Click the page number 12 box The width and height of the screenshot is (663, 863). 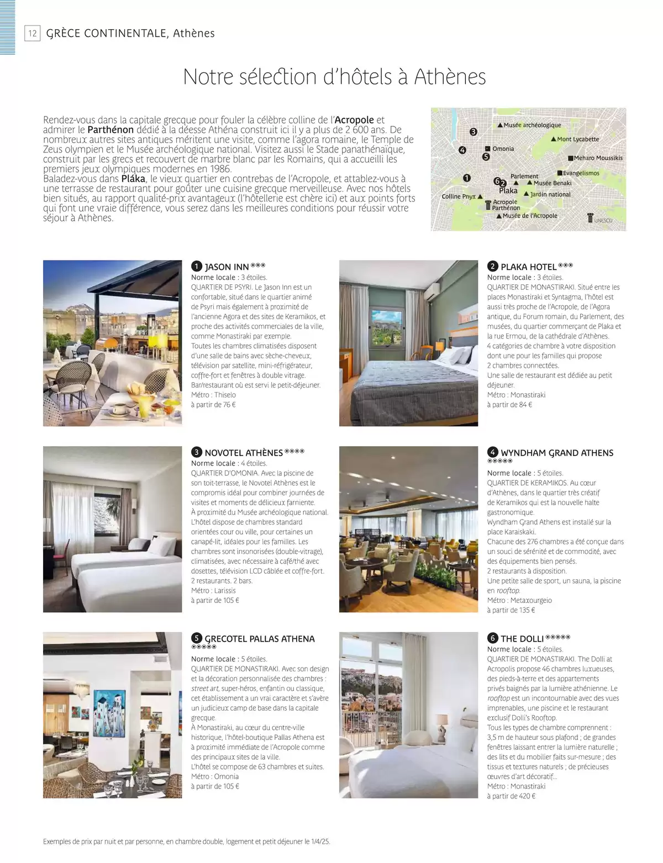pos(33,34)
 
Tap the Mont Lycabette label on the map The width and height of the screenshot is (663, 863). pos(577,139)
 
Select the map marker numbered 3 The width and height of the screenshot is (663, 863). pos(473,132)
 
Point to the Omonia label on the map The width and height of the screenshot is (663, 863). pos(503,149)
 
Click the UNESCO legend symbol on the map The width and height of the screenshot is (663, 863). pos(591,218)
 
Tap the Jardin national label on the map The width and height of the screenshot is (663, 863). pos(550,194)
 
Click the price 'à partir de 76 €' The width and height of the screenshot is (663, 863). pos(213,405)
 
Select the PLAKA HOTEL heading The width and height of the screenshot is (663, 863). pos(528,267)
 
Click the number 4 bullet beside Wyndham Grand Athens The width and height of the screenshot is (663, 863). pos(493,452)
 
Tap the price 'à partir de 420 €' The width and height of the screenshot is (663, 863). pos(511,796)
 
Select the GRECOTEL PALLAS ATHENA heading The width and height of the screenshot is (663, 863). pos(259,639)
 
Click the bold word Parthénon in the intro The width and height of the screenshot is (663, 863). pos(110,130)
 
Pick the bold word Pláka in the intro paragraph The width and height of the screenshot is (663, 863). pos(133,179)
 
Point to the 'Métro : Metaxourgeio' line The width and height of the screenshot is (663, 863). pos(519,600)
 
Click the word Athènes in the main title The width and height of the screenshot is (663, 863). pos(450,77)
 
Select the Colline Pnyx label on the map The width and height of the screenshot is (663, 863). pos(459,197)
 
